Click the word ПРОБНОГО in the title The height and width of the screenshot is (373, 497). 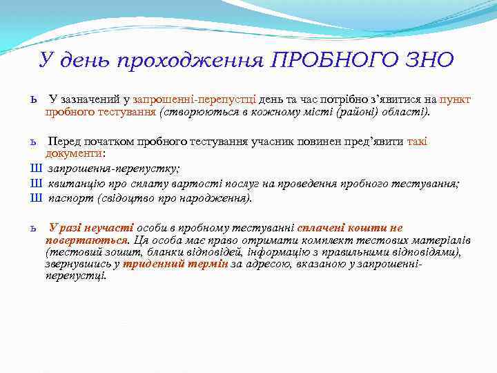coord(337,60)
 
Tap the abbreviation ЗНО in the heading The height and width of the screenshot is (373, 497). coord(429,60)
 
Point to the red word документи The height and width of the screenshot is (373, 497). coord(74,153)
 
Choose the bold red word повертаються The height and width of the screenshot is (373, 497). coord(87,240)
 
